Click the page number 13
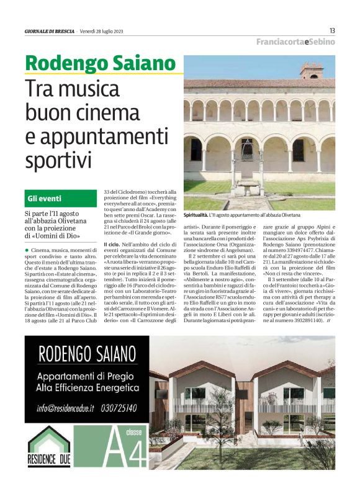pyautogui.click(x=332, y=31)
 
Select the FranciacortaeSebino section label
pyautogui.click(x=296, y=42)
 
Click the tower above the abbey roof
pyautogui.click(x=312, y=70)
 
